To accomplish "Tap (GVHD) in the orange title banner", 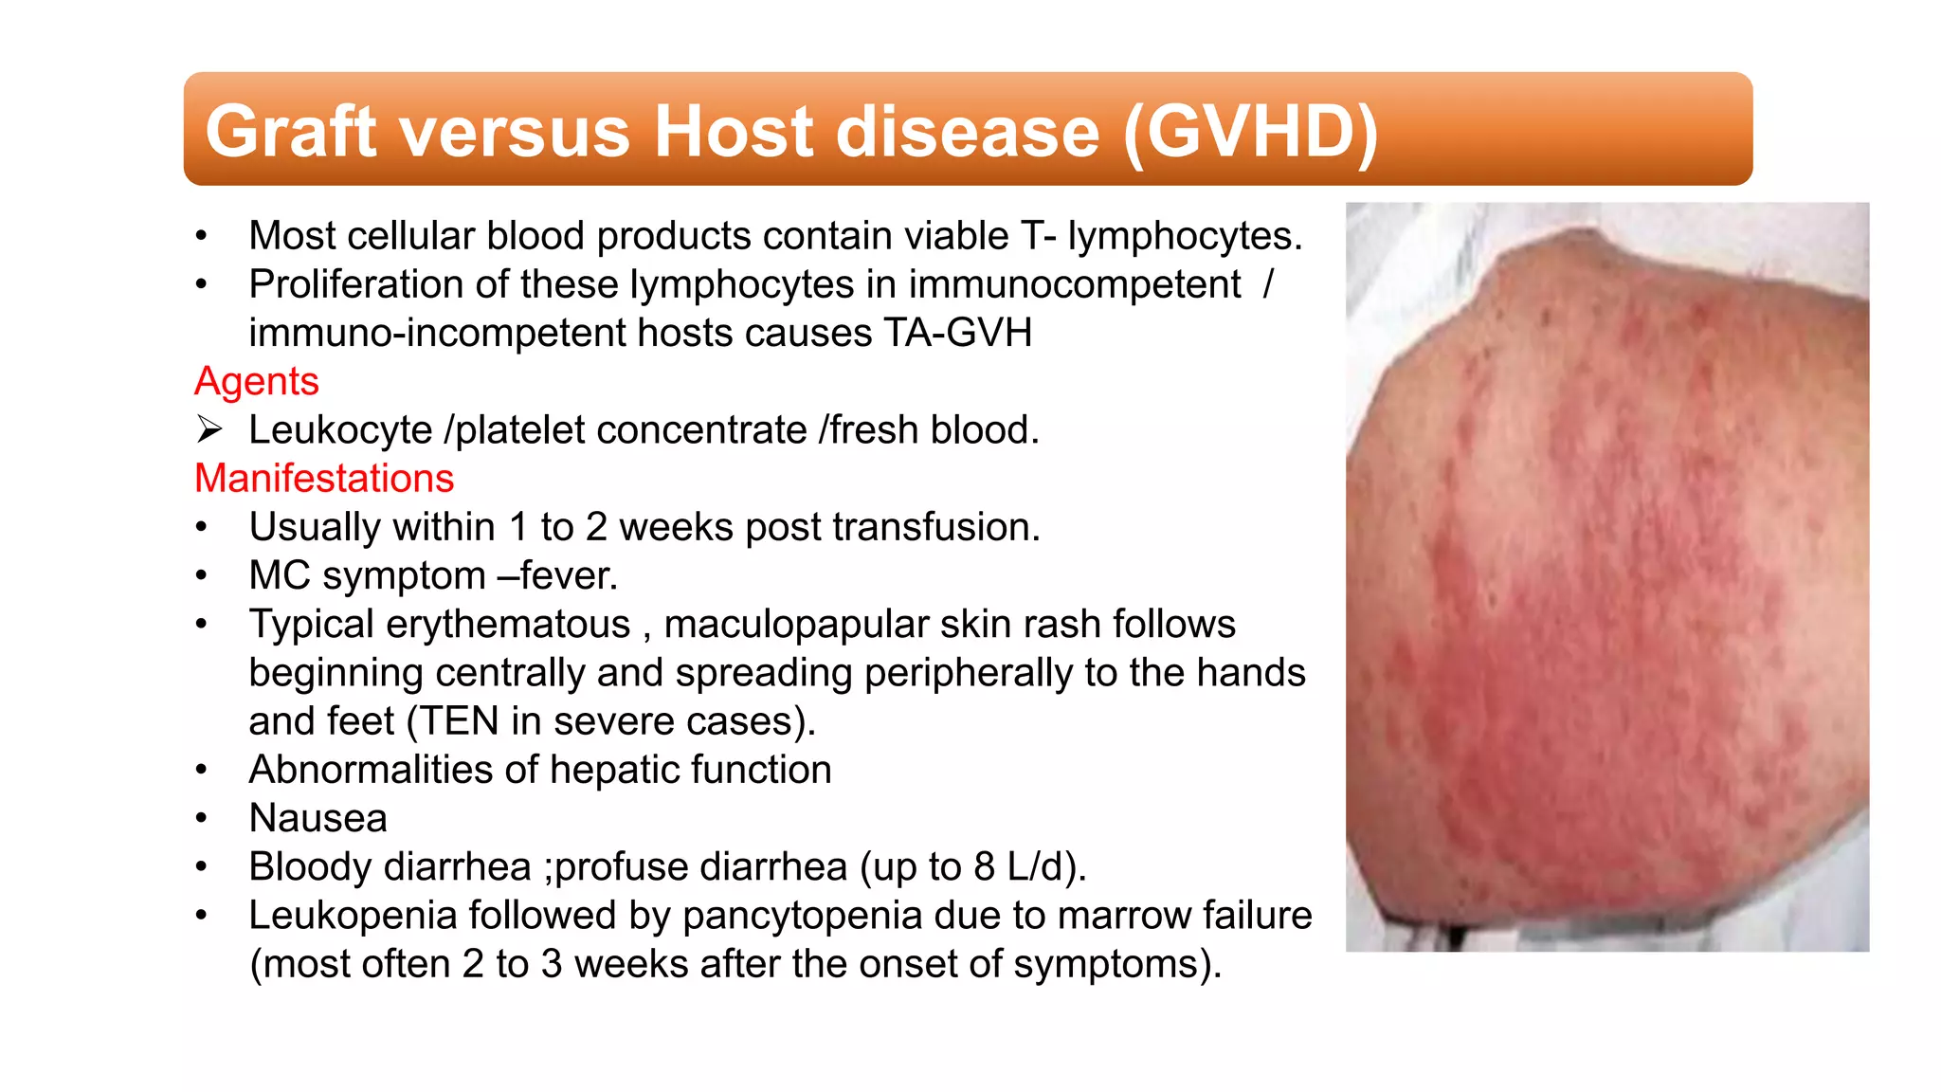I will (1251, 131).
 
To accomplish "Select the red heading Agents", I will (256, 381).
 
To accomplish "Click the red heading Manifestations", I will (324, 478).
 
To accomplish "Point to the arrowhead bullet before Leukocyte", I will (209, 429).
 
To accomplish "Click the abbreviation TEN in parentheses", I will (459, 721).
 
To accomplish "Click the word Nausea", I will (317, 818).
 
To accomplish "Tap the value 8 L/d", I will (1018, 866).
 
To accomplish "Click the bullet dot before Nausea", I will (201, 819).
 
